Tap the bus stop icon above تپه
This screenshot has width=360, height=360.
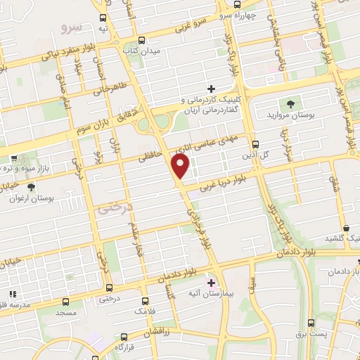coord(103,18)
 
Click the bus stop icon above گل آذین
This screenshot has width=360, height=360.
coord(255,143)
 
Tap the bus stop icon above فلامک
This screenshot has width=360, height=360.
coord(146,300)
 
